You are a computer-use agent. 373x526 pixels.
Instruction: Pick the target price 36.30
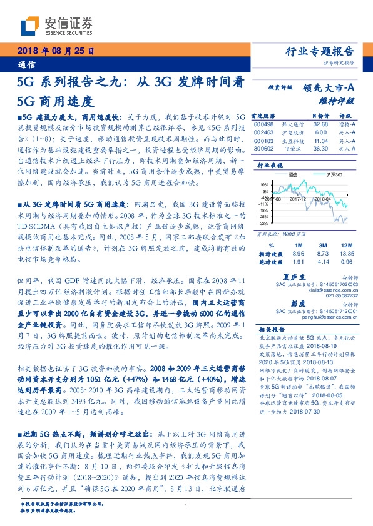[303, 148]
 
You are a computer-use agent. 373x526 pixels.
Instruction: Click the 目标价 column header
[303, 116]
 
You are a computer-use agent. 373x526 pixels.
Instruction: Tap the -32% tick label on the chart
[265, 223]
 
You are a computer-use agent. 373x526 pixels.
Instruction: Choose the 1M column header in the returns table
[298, 245]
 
